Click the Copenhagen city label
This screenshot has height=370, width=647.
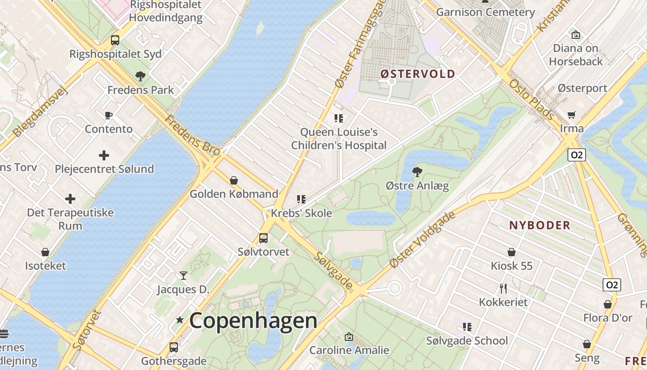[x=253, y=321]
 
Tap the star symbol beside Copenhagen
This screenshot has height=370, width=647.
[x=180, y=320]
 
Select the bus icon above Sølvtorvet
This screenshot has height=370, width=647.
[x=263, y=238]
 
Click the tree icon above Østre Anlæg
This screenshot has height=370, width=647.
[x=417, y=172]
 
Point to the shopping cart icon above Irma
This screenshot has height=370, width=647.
[x=572, y=115]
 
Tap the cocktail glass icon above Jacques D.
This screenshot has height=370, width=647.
[x=183, y=276]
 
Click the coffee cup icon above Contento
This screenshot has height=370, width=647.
[x=109, y=115]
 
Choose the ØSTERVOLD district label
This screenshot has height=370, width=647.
[x=418, y=74]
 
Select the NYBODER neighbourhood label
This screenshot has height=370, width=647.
[x=539, y=226]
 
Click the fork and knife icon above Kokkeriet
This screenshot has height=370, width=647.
[x=503, y=289]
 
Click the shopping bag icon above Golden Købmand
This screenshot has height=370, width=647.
[x=234, y=180]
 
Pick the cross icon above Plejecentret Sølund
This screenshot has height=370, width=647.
[x=104, y=155]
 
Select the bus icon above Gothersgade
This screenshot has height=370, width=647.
[x=174, y=347]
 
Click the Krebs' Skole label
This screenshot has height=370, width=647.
[x=301, y=213]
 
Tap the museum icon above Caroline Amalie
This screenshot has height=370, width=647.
[x=349, y=337]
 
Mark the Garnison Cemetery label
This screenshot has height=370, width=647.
[x=485, y=12]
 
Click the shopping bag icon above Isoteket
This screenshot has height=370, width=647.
[x=45, y=252]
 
